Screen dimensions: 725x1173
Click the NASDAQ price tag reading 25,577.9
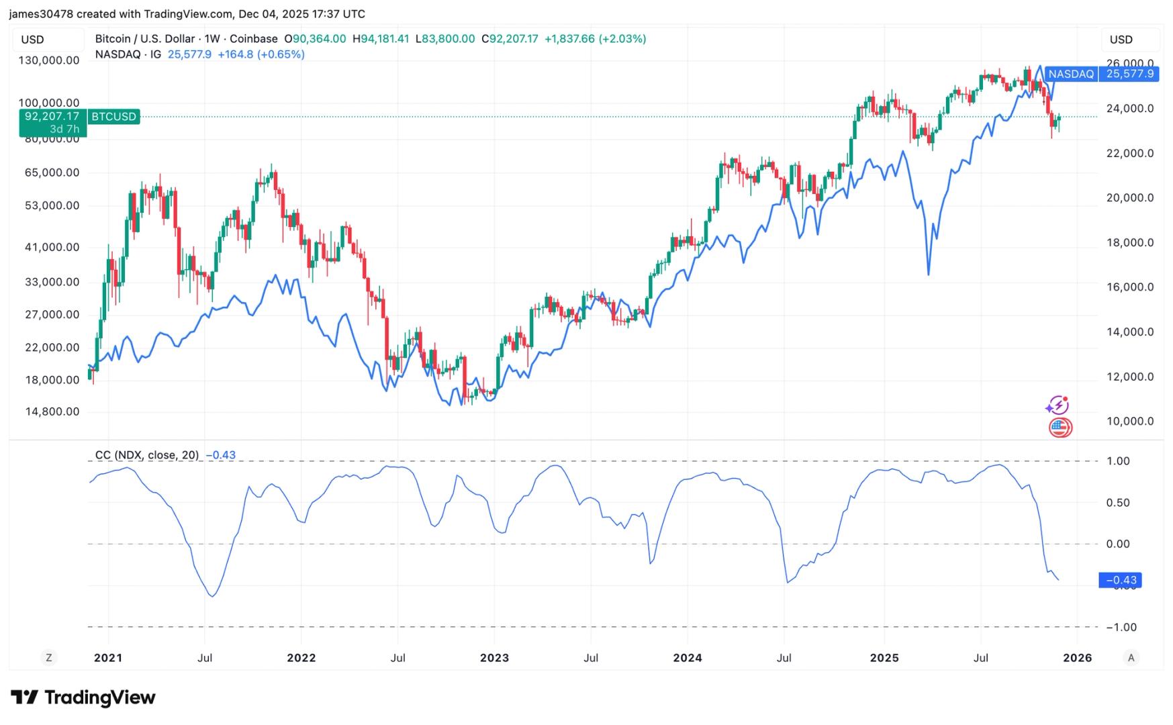[1129, 74]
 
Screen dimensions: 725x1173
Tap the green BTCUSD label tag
[113, 117]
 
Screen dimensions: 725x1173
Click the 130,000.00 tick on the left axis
[48, 60]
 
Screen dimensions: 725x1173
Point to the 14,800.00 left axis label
[52, 412]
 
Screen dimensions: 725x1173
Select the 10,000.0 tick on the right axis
[1129, 422]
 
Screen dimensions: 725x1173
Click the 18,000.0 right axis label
[1129, 243]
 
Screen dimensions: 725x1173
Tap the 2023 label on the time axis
[494, 658]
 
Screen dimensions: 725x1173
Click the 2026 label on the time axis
[1077, 658]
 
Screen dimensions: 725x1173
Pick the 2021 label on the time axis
[108, 658]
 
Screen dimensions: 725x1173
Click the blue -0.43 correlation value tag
[1120, 580]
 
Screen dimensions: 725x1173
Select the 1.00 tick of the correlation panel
[1118, 461]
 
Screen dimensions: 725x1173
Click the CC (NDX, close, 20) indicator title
[147, 455]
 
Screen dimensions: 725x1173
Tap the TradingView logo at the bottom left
[83, 697]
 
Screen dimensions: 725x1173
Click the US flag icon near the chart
[1060, 427]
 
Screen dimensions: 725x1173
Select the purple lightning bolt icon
[1057, 405]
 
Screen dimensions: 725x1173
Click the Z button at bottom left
[48, 658]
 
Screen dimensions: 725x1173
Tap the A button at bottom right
[1131, 658]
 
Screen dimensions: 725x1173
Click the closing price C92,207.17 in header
[510, 39]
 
